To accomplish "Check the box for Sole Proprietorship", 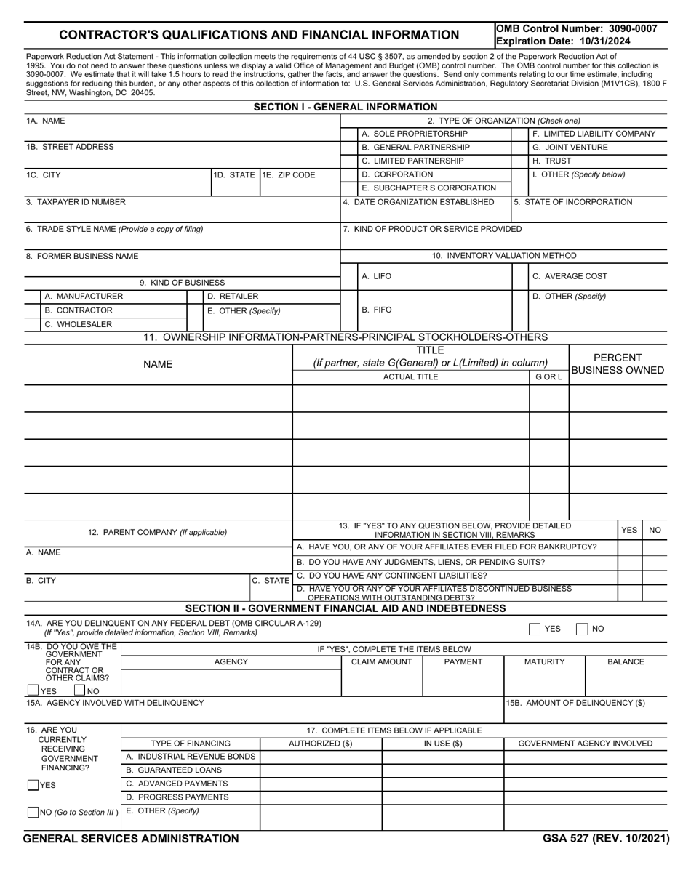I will [x=349, y=134].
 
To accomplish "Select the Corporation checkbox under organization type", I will [x=349, y=174].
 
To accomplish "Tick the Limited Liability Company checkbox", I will [x=520, y=134].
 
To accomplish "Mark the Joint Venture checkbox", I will [x=520, y=148].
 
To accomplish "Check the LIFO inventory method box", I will [x=349, y=276].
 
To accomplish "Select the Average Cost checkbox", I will [x=520, y=276].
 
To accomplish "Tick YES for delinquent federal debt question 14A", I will [x=535, y=629].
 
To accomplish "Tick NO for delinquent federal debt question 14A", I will [x=582, y=629].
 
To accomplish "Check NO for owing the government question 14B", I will [x=80, y=690].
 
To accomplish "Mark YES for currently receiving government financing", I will [x=33, y=785].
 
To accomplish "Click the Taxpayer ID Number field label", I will [x=76, y=202].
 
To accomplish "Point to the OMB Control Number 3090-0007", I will [x=576, y=28].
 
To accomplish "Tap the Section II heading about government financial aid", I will [x=345, y=608].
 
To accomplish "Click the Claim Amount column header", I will [x=381, y=662].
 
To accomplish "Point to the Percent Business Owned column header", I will [x=618, y=364].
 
